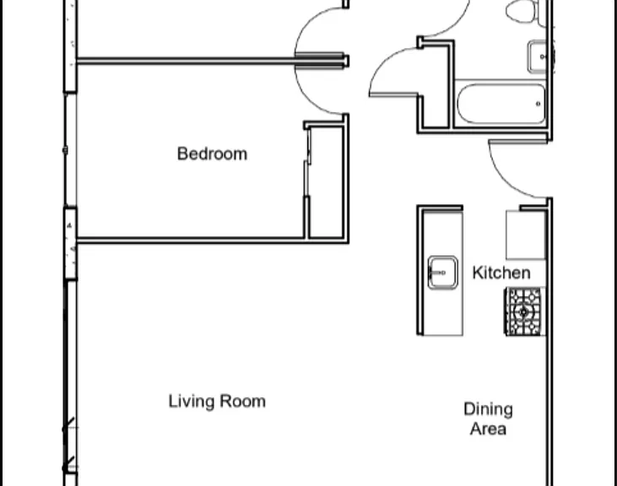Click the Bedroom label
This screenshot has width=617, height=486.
(x=212, y=154)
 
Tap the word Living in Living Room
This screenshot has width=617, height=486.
(x=192, y=402)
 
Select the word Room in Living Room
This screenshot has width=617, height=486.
(x=242, y=402)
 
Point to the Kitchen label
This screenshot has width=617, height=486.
(x=501, y=273)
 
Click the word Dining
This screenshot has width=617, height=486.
(x=489, y=410)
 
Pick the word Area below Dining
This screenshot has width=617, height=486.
(x=488, y=429)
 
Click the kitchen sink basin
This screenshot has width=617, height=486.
(x=443, y=273)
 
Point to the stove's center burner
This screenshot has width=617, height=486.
(x=524, y=312)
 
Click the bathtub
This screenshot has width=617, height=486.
(x=501, y=104)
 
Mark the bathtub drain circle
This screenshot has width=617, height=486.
(x=539, y=104)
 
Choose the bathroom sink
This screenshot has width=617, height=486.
(x=538, y=57)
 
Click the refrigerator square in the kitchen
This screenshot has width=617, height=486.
(x=526, y=235)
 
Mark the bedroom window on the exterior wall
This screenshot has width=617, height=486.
(x=70, y=150)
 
